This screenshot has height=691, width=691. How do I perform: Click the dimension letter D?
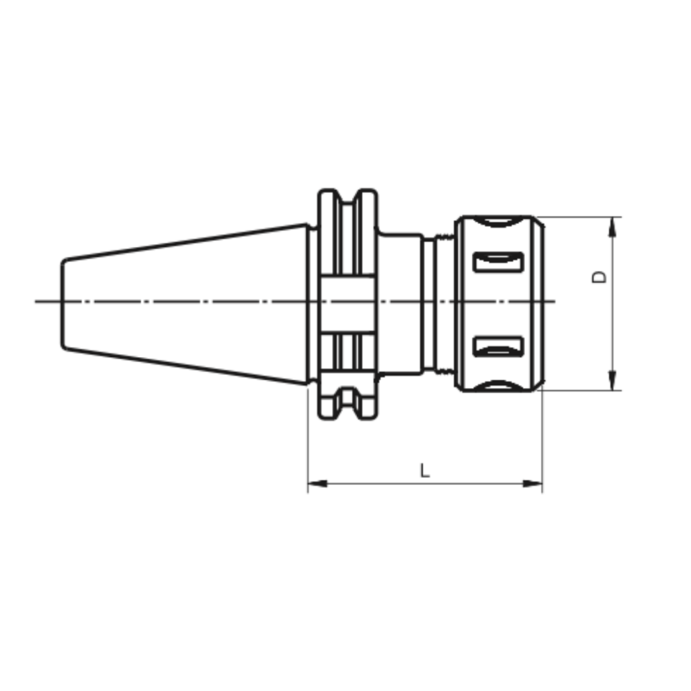[x=600, y=276]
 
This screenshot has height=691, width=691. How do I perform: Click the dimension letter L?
[x=425, y=471]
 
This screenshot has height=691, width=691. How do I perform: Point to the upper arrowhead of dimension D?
[x=613, y=226]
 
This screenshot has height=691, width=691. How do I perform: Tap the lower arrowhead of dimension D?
[x=613, y=381]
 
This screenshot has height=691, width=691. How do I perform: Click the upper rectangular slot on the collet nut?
[x=496, y=262]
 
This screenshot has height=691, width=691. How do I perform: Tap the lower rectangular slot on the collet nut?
[x=496, y=346]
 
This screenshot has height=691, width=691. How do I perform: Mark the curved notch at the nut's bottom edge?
[x=497, y=387]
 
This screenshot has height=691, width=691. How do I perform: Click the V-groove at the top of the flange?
[x=348, y=197]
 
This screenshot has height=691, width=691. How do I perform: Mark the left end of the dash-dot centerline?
[x=37, y=301]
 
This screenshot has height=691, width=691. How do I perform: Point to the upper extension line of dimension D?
[x=579, y=217]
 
